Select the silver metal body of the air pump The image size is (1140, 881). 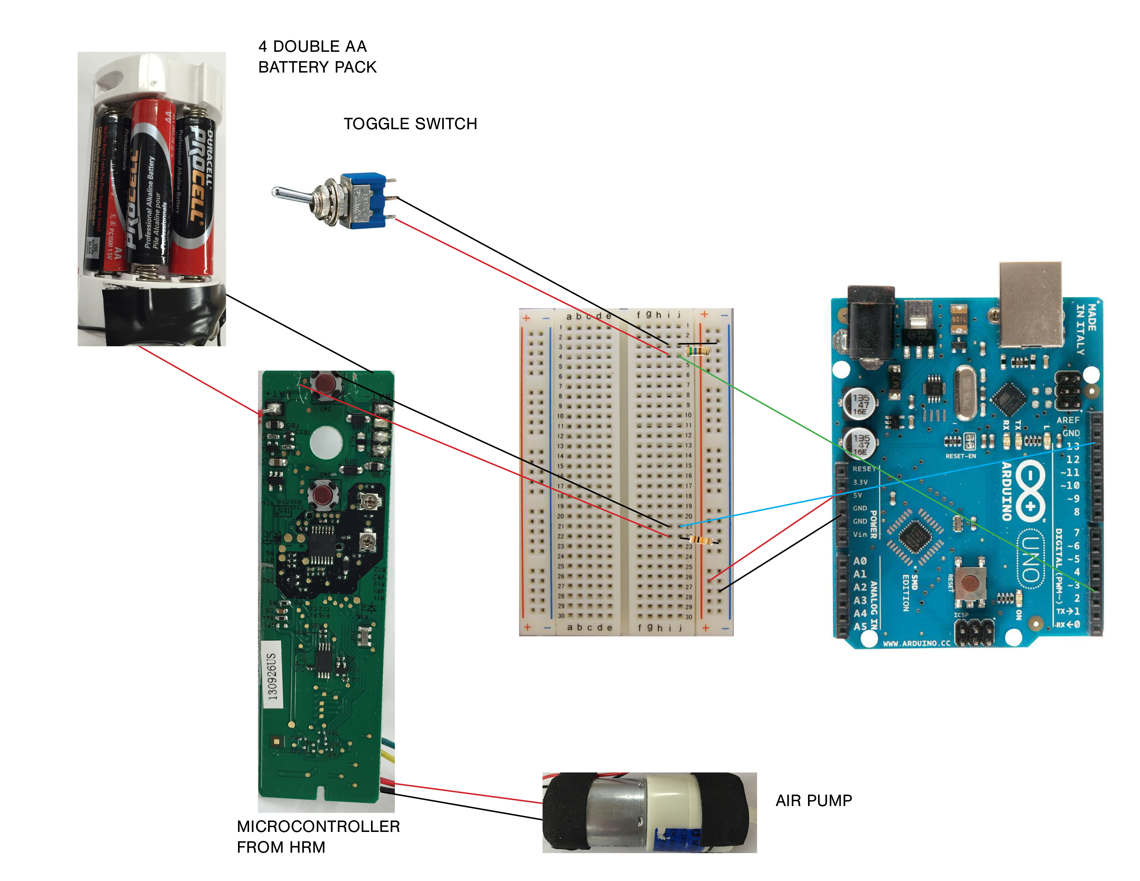pos(616,812)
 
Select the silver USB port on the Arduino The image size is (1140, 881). pos(1030,304)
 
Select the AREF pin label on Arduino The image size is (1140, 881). pos(1067,420)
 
